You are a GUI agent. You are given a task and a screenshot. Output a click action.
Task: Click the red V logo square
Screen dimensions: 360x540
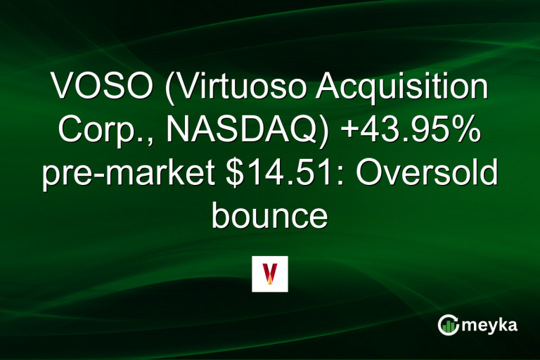[x=270, y=274]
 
